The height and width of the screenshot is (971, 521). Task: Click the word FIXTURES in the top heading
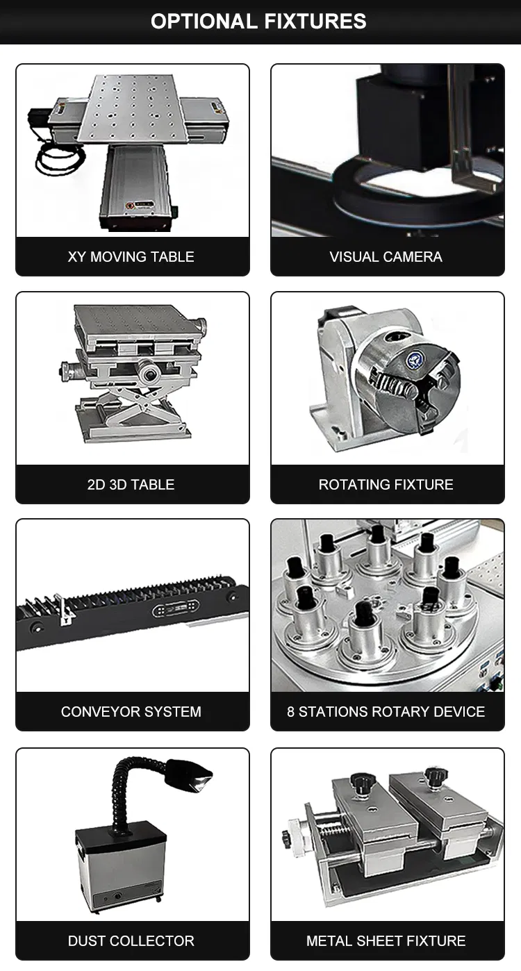(x=314, y=22)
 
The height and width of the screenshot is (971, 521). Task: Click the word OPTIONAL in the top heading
(x=204, y=22)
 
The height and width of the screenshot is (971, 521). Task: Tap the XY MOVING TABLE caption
(x=131, y=257)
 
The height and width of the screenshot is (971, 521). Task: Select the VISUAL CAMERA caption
(x=386, y=257)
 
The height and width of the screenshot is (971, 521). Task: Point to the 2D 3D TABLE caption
(x=131, y=485)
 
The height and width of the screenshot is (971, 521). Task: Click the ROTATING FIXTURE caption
(x=386, y=485)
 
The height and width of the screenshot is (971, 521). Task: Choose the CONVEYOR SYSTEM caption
(x=131, y=712)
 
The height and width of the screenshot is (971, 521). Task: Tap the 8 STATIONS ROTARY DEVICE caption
(x=386, y=712)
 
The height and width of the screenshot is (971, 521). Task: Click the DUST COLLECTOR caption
(x=131, y=941)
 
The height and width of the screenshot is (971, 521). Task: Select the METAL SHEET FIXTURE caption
(x=386, y=941)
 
